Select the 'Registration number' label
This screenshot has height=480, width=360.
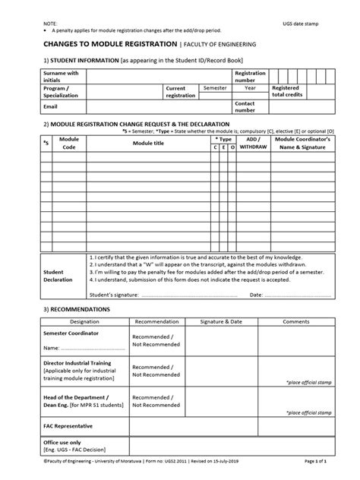(x=250, y=76)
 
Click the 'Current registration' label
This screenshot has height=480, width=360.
(x=182, y=92)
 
